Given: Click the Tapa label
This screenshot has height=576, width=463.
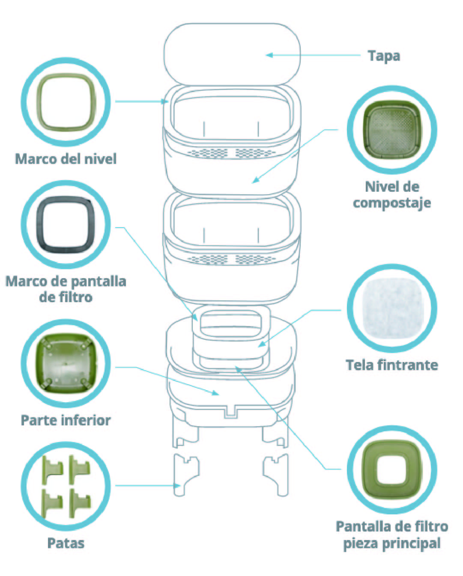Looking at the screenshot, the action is (x=384, y=56).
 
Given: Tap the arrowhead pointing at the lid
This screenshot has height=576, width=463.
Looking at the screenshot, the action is (x=269, y=55).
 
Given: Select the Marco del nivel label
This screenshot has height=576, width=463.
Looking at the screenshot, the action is (x=66, y=159).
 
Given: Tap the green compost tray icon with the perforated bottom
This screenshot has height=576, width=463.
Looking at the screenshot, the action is (x=392, y=130).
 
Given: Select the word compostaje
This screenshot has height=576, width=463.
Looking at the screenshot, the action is (x=392, y=203).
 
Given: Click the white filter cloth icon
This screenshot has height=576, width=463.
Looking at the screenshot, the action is (x=392, y=308).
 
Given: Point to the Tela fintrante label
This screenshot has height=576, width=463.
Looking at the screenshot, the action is (x=392, y=365).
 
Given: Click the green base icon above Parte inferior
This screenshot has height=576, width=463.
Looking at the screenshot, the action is (x=66, y=363).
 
